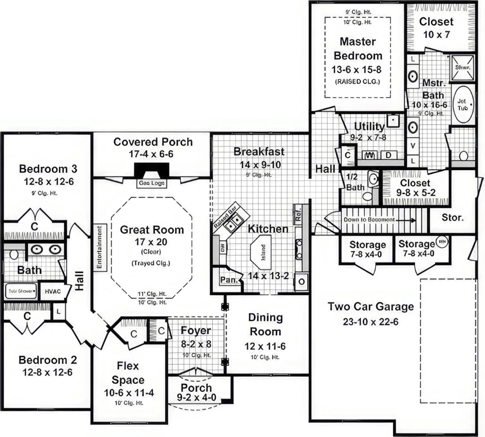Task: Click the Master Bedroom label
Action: pos(358,49)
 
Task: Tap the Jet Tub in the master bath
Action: pos(463,104)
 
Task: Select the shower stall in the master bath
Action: pos(462,68)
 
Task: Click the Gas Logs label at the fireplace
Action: pos(152,183)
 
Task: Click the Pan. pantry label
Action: pos(228,280)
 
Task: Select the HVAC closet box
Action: pos(53,291)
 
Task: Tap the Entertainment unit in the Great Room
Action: pos(100,247)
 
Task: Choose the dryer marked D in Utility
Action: pos(388,155)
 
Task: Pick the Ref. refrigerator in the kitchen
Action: pos(298,214)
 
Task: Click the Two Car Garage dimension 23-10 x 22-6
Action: pos(370,322)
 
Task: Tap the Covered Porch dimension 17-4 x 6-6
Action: pos(151,154)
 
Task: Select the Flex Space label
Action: pos(128,373)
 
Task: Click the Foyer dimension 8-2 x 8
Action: pos(196,344)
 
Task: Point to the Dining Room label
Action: pos(265,324)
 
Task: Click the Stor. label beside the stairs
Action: pos(452,217)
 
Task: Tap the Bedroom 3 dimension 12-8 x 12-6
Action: pos(49,181)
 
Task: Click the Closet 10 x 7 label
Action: pos(436,28)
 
